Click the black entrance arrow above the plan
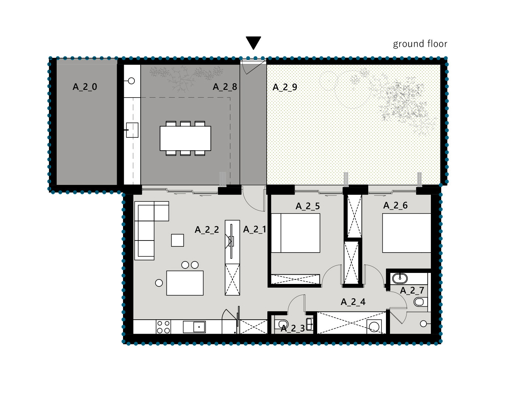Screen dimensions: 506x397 tap(253, 43)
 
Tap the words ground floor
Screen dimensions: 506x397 tap(420, 44)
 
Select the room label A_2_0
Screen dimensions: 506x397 tap(85, 87)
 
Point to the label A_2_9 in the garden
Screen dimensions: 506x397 tap(285, 87)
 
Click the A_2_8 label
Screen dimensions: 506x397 tap(225, 87)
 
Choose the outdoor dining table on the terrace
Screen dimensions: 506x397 tap(185, 138)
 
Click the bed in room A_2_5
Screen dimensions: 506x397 tap(295, 233)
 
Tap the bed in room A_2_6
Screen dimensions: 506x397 tap(407, 233)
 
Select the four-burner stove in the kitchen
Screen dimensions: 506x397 tap(164, 327)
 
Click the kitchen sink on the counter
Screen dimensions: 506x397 tap(194, 327)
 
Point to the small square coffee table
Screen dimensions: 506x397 tap(178, 240)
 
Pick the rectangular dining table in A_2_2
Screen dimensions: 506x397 tap(185, 283)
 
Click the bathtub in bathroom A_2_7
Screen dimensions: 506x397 tap(400, 278)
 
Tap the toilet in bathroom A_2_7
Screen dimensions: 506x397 tap(420, 302)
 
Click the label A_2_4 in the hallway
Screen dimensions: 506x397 tap(353, 302)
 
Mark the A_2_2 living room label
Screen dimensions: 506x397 tap(207, 230)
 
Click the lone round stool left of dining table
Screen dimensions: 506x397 tap(159, 283)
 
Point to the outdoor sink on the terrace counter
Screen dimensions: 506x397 tap(132, 130)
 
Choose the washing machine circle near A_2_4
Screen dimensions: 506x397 tap(374, 326)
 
